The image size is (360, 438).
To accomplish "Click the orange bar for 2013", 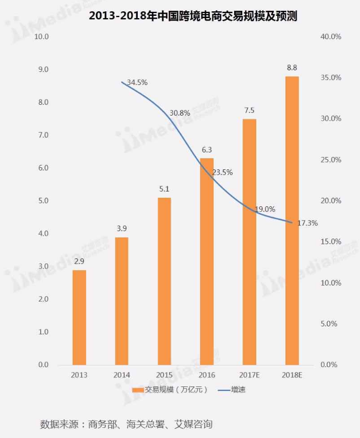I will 79,317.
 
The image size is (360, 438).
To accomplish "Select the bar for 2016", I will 207,261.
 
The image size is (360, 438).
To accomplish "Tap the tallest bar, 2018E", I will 292,221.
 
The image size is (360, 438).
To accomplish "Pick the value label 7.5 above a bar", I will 249,110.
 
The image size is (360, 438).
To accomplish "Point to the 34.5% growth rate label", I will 137,82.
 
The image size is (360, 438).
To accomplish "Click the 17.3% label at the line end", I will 307,223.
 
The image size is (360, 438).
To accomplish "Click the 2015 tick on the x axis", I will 164,375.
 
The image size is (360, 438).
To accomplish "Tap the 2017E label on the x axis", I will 249,375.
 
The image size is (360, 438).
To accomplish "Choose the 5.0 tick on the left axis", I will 43,201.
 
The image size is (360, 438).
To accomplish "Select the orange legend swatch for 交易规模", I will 138,390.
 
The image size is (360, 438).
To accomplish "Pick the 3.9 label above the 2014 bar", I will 122,228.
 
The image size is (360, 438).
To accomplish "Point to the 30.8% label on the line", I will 180,113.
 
